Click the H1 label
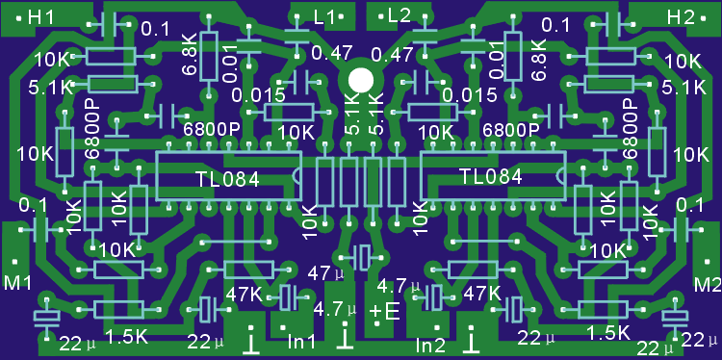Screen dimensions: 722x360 click(x=41, y=18)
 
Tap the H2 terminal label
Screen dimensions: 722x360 click(x=681, y=18)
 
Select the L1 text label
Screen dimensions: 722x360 click(x=323, y=17)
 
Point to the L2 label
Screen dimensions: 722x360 click(x=399, y=16)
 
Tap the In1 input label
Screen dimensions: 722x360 click(x=301, y=342)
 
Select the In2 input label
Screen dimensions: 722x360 click(x=430, y=345)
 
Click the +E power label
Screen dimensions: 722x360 click(x=384, y=312)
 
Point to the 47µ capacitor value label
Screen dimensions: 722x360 click(x=326, y=273)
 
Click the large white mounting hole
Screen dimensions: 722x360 click(x=361, y=80)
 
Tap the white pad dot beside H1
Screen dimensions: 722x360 click(x=19, y=19)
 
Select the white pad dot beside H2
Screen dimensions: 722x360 click(x=703, y=18)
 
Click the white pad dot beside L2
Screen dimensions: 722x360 click(x=381, y=17)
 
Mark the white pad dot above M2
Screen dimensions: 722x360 click(x=708, y=262)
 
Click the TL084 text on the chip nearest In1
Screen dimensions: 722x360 click(x=228, y=180)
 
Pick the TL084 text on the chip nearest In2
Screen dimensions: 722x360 click(x=491, y=176)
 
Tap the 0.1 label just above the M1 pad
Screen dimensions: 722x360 click(x=33, y=206)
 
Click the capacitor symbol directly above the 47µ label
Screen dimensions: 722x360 click(x=361, y=257)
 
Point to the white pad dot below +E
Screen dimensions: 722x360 click(x=376, y=324)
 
